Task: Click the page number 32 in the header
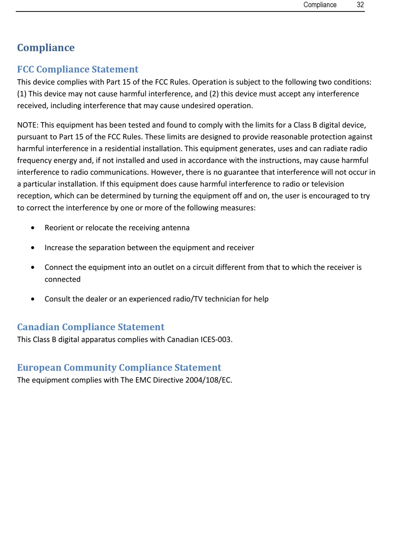pyautogui.click(x=360, y=5)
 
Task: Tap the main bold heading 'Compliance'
pyautogui.click(x=46, y=48)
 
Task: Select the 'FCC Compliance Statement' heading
pyautogui.click(x=78, y=69)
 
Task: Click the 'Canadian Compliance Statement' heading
pyautogui.click(x=90, y=327)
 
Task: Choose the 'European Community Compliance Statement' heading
pyautogui.click(x=119, y=368)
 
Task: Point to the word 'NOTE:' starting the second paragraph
pyautogui.click(x=28, y=125)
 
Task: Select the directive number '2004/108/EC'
pyautogui.click(x=208, y=380)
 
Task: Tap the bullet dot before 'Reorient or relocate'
pyautogui.click(x=33, y=228)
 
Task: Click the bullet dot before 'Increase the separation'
pyautogui.click(x=33, y=248)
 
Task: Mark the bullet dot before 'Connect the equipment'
pyautogui.click(x=33, y=268)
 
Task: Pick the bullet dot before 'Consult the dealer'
pyautogui.click(x=33, y=299)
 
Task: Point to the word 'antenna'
pyautogui.click(x=176, y=228)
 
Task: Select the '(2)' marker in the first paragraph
pyautogui.click(x=214, y=94)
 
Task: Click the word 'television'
pyautogui.click(x=328, y=184)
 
